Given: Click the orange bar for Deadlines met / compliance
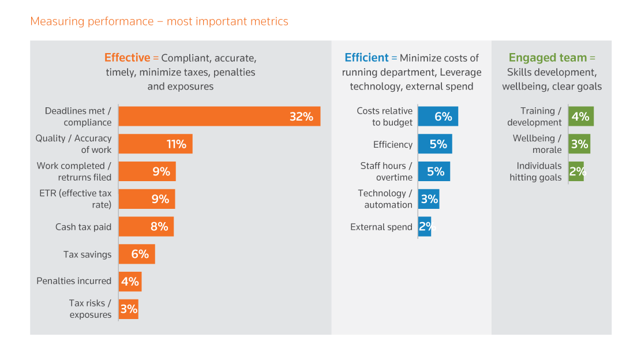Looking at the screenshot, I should point(219,117).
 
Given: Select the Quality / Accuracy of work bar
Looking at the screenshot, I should point(155,144).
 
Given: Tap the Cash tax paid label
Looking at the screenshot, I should point(83,227).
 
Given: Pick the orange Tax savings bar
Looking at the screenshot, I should point(137,254).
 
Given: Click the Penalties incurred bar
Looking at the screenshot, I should point(130,282).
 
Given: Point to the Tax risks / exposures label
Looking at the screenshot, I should point(90,309).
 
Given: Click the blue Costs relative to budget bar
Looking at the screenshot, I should point(438,117).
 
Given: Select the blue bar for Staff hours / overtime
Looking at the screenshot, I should point(434,171).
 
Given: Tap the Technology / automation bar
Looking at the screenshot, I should point(429,199).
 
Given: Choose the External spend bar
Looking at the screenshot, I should point(425,227).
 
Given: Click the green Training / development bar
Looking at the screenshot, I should point(581,117).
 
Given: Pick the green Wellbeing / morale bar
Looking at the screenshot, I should point(579,144).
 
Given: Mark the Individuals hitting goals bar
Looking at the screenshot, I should point(576,171).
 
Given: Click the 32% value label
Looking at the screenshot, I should point(301,117).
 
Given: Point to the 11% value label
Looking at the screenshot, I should point(176,144).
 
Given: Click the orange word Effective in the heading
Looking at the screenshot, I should point(127,58).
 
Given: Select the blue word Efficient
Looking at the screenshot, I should point(366,58).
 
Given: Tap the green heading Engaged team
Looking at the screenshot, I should point(548,58).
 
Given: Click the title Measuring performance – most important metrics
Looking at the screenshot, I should point(159,22).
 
